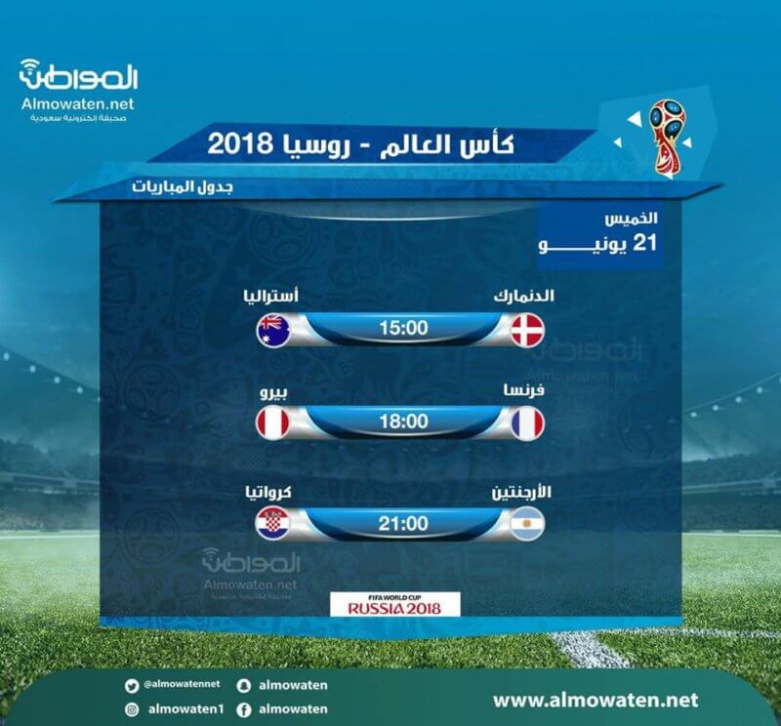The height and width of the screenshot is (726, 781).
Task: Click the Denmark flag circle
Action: tap(528, 330)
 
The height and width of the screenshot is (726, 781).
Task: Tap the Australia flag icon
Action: tap(273, 330)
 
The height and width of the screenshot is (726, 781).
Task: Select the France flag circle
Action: tap(528, 423)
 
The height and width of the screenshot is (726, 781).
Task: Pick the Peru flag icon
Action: tap(273, 423)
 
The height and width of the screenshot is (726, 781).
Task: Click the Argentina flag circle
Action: tap(528, 524)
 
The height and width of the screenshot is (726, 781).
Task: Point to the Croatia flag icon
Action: tap(273, 524)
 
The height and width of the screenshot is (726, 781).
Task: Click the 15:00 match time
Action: tap(403, 328)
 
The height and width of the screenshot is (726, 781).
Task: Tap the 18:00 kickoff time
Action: tap(403, 422)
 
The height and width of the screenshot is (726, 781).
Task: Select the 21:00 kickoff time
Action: tap(403, 524)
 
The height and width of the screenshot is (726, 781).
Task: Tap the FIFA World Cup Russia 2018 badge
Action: tap(395, 604)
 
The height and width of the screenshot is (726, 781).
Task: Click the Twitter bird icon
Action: tap(132, 687)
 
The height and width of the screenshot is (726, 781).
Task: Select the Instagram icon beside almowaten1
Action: tap(132, 709)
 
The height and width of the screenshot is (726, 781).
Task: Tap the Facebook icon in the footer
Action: tap(243, 709)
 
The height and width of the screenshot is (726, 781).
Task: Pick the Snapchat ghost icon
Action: tap(243, 686)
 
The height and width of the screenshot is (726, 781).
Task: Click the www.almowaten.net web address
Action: tap(596, 700)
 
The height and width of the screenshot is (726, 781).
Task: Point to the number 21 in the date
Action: tap(644, 244)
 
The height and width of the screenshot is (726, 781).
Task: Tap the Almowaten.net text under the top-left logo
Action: tap(78, 103)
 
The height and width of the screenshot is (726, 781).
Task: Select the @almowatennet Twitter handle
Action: tap(182, 684)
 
